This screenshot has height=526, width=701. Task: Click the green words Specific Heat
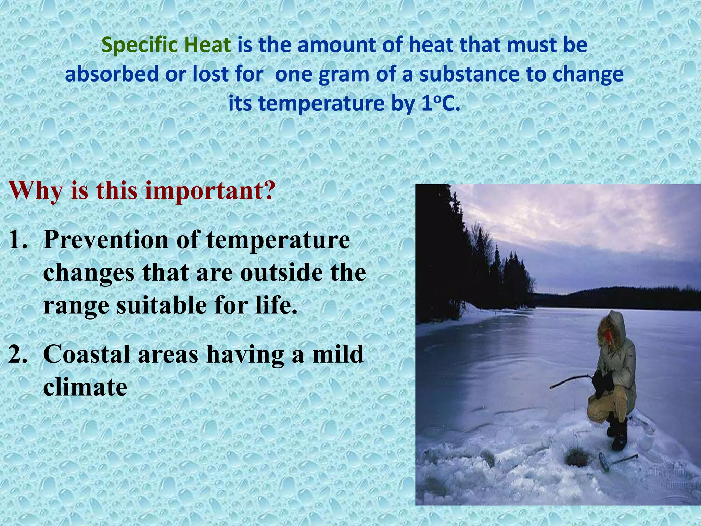[166, 45]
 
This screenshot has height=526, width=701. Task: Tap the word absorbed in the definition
[112, 74]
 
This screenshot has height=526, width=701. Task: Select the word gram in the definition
[343, 75]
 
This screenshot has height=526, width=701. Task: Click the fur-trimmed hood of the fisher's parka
[613, 327]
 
